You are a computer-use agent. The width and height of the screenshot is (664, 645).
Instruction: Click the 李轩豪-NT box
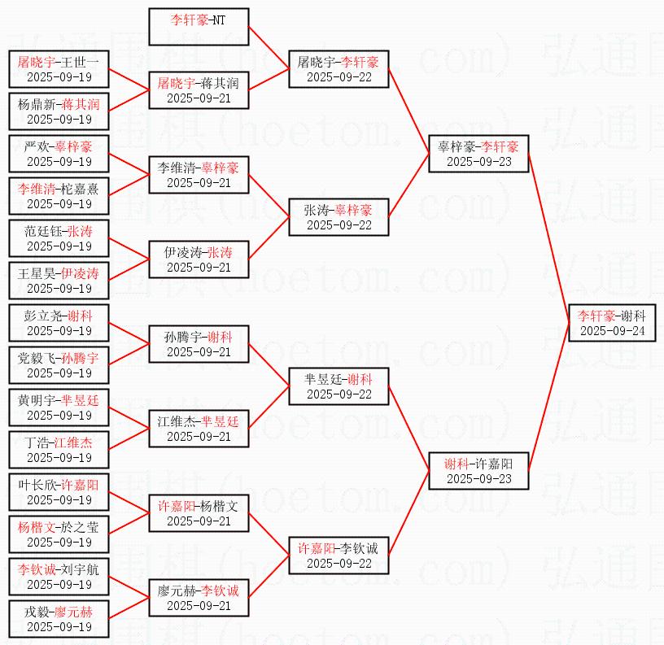click(199, 28)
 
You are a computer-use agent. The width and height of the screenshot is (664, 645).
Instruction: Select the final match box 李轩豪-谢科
click(612, 323)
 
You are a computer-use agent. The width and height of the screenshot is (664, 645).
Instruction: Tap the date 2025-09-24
click(612, 331)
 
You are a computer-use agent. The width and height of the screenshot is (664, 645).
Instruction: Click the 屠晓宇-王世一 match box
click(59, 69)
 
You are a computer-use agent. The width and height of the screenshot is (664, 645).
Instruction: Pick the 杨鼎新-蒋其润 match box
click(59, 111)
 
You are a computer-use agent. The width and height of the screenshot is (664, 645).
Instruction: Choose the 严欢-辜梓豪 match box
click(59, 154)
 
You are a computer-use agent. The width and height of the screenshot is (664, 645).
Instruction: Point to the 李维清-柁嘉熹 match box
click(59, 196)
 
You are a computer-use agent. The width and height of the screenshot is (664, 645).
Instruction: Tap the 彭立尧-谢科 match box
click(59, 323)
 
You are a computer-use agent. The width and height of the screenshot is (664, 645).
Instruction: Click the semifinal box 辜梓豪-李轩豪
click(478, 154)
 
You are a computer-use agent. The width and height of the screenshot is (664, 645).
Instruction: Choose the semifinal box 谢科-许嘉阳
click(478, 471)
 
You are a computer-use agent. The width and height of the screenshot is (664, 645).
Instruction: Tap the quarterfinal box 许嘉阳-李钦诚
click(339, 556)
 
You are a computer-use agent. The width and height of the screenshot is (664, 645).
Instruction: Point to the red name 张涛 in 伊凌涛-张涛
click(220, 253)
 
